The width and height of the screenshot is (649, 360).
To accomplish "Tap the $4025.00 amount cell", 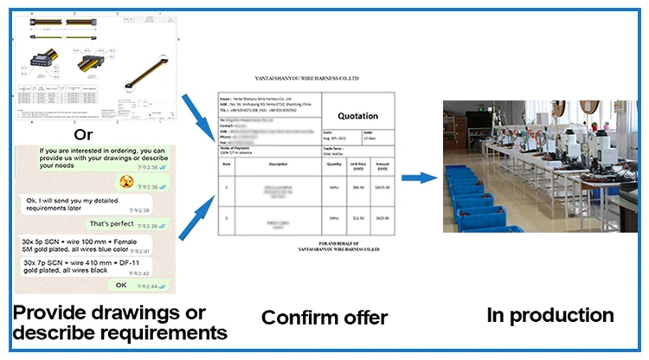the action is coord(382,187).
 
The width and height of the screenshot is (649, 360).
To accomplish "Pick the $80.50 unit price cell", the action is coord(357,187).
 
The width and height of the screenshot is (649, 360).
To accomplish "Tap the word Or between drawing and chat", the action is coord(83,134).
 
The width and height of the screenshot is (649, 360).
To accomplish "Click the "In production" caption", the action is coord(549,315).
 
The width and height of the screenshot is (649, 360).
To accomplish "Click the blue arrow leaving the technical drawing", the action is coord(197,107).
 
